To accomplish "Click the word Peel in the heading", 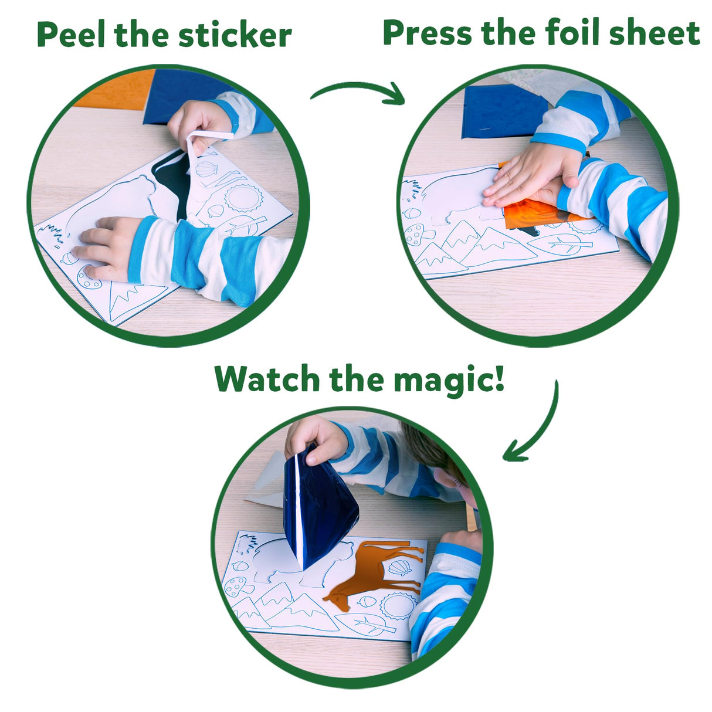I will (72, 35).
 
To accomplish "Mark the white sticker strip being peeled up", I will (199, 144).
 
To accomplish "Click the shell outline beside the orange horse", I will (401, 568).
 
